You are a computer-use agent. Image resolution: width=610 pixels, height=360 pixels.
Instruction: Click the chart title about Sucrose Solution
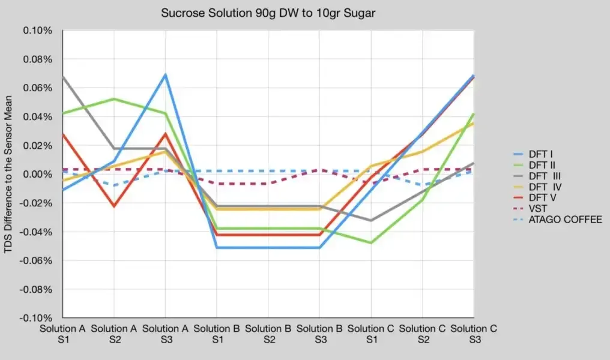[268, 13]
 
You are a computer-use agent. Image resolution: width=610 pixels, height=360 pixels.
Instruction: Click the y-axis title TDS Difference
[10, 174]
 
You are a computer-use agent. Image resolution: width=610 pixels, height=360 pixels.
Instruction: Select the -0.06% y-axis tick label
[37, 260]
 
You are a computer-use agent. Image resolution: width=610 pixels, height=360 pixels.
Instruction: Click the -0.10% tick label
[37, 317]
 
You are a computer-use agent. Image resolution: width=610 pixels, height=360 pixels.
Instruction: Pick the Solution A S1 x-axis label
[62, 334]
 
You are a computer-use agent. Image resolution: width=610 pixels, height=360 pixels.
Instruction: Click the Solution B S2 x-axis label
[268, 334]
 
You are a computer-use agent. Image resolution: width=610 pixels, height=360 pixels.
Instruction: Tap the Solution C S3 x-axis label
[474, 334]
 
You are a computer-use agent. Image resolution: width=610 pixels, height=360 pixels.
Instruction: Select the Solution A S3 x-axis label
[166, 334]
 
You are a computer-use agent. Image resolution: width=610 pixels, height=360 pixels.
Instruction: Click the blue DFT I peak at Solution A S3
[166, 74]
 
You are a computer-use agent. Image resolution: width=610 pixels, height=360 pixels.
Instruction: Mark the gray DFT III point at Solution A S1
[63, 77]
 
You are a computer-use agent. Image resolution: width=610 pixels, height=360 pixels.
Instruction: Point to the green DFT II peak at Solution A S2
[114, 99]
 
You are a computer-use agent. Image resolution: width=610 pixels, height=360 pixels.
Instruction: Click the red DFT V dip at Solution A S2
[114, 206]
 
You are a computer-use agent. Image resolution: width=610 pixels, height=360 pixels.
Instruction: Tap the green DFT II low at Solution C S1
[372, 242]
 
